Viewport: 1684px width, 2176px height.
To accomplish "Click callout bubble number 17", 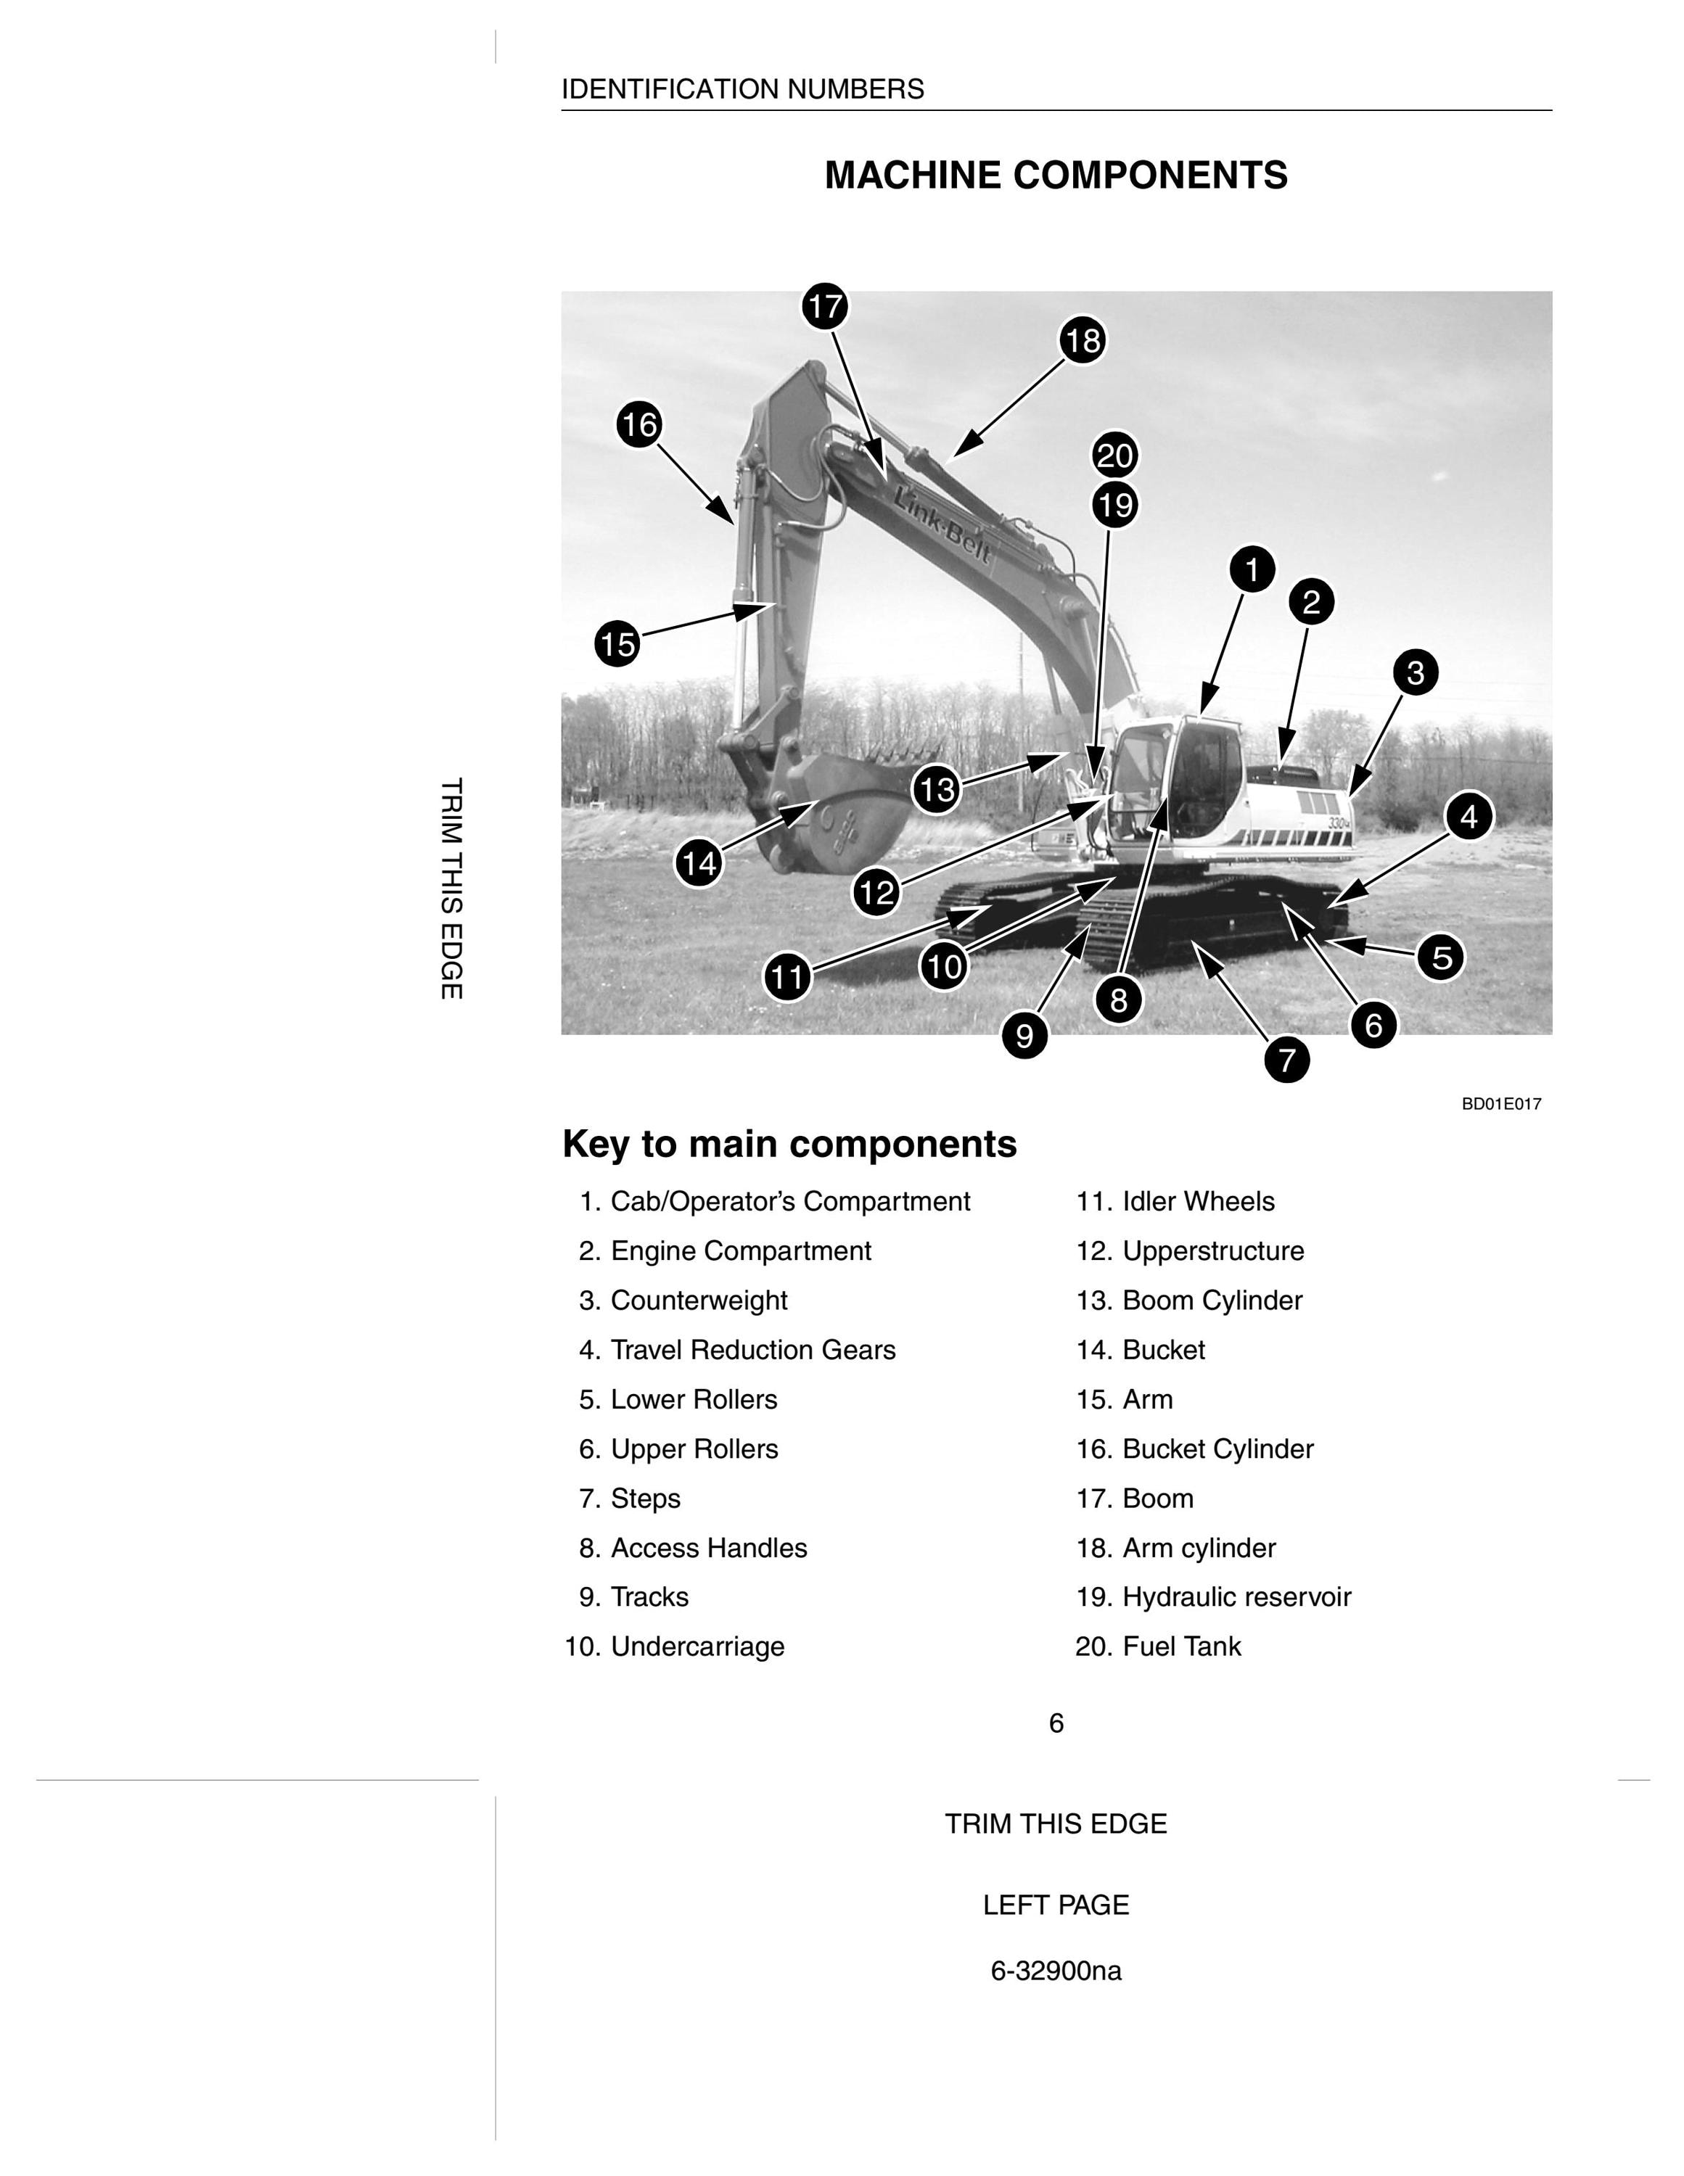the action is (825, 306).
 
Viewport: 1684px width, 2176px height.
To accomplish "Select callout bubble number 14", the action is (699, 863).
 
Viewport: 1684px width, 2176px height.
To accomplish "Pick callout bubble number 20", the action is (1115, 456).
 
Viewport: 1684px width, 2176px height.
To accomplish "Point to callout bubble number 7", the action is (1287, 1059).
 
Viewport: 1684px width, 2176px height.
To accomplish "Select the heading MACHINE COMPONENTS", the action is (1056, 176).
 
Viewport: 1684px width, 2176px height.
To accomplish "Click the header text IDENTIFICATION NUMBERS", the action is (742, 90).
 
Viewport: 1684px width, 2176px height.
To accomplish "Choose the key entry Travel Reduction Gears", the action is (737, 1350).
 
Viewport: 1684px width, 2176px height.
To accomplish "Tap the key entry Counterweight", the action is (683, 1301).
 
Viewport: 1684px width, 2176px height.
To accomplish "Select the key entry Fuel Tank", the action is (1159, 1647).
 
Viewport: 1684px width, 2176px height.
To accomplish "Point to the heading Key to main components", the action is (790, 1145).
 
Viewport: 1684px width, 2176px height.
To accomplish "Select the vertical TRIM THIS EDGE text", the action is (451, 889).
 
